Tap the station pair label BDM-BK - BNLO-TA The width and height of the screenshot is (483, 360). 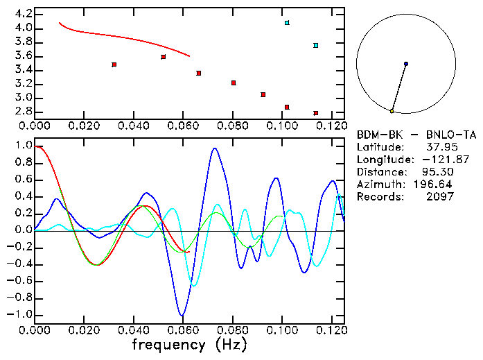[406, 135]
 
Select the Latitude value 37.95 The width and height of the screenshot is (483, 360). [440, 147]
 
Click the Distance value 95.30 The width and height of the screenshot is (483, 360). [437, 172]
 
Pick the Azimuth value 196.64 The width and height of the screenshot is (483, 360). [434, 185]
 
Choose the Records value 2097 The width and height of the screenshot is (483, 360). [440, 197]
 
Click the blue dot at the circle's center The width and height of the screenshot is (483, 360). [406, 64]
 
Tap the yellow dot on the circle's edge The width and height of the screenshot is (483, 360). [392, 111]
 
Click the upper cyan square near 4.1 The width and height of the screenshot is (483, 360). [287, 23]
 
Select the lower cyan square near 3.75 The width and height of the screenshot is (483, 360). [315, 46]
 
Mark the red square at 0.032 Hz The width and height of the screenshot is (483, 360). [114, 65]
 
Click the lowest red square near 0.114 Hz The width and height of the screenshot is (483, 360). [315, 113]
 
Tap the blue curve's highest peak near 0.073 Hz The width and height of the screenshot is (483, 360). [215, 148]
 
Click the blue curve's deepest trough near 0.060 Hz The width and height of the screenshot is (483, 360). [182, 316]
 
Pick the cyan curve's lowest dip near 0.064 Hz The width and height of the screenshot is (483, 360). [193, 285]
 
